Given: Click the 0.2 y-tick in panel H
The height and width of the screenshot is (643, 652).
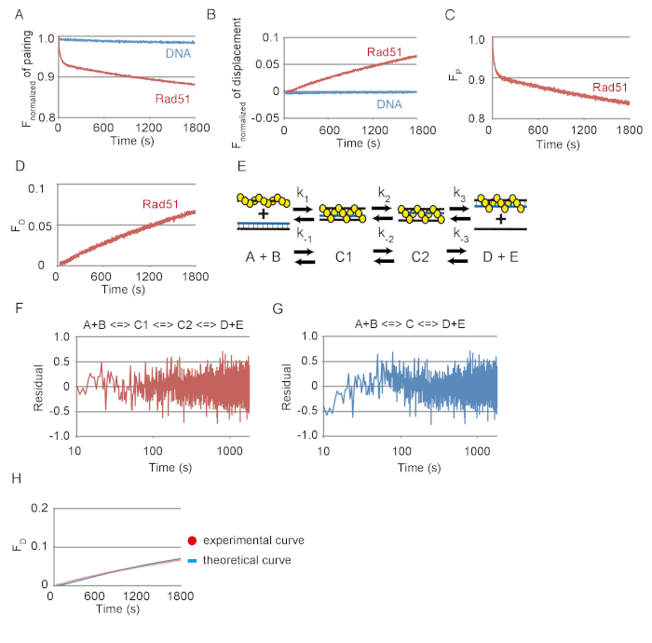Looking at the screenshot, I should point(38,508).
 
